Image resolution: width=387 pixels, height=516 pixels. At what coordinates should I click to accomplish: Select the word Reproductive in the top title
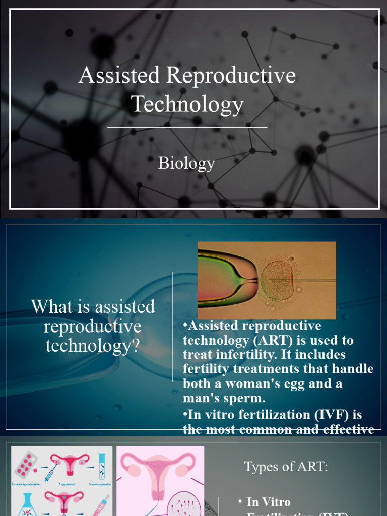(231, 76)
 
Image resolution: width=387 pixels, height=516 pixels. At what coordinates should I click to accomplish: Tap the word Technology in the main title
(187, 104)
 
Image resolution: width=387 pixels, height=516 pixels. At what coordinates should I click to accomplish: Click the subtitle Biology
(186, 163)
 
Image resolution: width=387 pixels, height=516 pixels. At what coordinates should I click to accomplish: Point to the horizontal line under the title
(187, 128)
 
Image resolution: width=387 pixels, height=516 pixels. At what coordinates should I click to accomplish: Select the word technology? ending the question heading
(93, 346)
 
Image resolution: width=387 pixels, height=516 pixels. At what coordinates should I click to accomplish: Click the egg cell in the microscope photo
(277, 281)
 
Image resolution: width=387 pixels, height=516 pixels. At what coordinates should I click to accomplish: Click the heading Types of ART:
(286, 467)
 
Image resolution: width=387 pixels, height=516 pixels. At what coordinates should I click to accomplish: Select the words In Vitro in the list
(269, 502)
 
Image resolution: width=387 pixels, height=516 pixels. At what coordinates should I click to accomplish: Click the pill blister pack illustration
(25, 464)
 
